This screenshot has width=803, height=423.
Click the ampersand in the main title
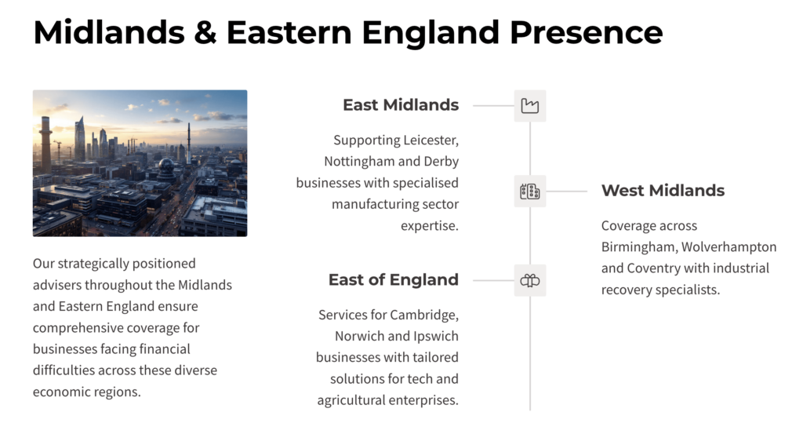(x=205, y=32)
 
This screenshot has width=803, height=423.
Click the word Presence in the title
(x=586, y=32)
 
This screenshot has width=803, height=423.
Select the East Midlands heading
(x=401, y=104)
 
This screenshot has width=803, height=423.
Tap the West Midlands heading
(x=663, y=190)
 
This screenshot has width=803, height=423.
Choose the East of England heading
(x=394, y=279)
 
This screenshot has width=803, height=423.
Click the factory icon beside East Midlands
(x=530, y=106)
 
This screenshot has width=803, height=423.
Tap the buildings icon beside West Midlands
(x=530, y=191)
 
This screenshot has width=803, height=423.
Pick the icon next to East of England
(x=530, y=280)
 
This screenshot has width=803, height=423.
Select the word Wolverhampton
(x=729, y=247)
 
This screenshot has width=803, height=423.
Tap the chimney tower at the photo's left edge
(x=45, y=144)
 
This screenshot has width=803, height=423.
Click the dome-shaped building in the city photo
(x=166, y=166)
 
